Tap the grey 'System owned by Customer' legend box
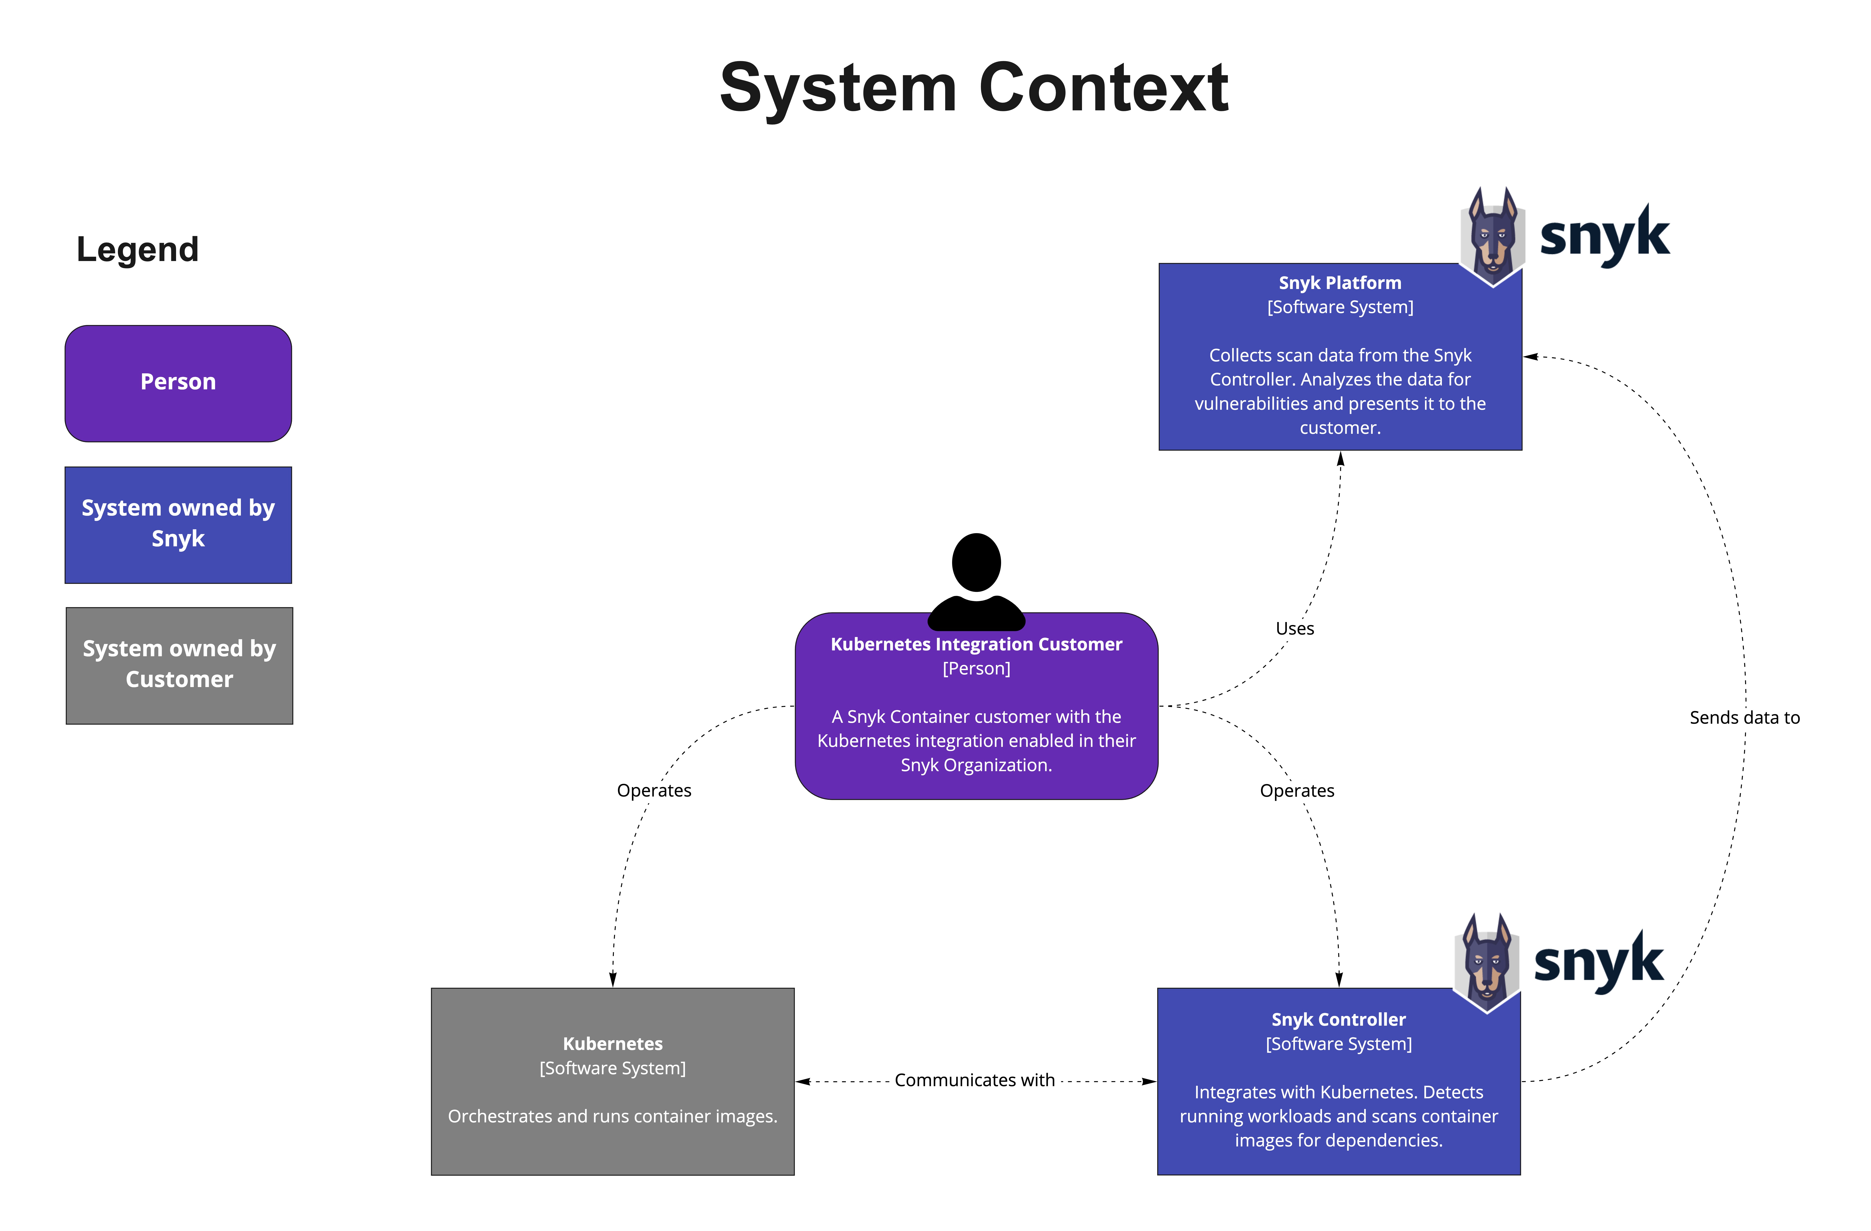pyautogui.click(x=179, y=665)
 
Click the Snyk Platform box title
pyautogui.click(x=1340, y=283)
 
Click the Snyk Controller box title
pyautogui.click(x=1338, y=1020)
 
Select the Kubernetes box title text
pyautogui.click(x=612, y=1044)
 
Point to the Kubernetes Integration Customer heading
pyautogui.click(x=976, y=645)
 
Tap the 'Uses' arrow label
pyautogui.click(x=1294, y=629)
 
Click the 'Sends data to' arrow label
pyautogui.click(x=1744, y=718)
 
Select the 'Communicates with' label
pyautogui.click(x=974, y=1081)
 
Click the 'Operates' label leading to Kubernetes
pyautogui.click(x=653, y=791)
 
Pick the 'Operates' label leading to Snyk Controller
pyautogui.click(x=1296, y=791)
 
